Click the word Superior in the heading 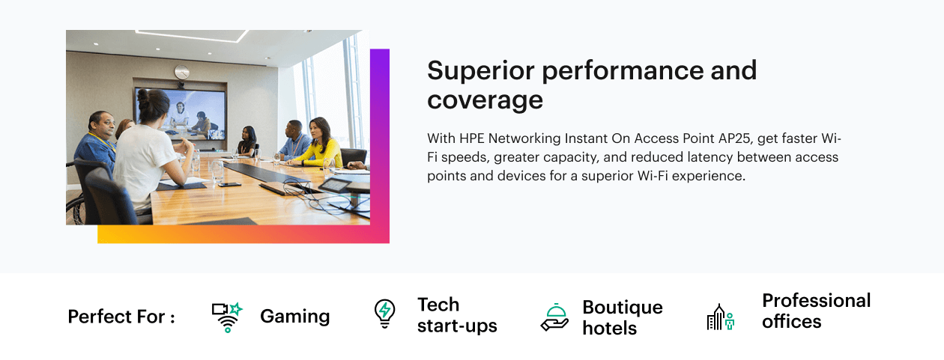point(481,71)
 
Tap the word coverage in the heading point(485,101)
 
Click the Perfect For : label point(121,317)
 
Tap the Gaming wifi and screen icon point(227,317)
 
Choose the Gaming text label point(295,316)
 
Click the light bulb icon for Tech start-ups point(384,314)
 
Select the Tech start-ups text point(457,315)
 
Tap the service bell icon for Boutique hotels point(554,317)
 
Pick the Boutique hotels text point(623,317)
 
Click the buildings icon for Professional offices point(721,317)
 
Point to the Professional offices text point(817,311)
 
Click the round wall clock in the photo point(181,72)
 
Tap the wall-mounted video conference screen point(181,114)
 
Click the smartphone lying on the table point(229,185)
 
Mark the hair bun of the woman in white point(142,96)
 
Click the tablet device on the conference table point(335,185)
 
